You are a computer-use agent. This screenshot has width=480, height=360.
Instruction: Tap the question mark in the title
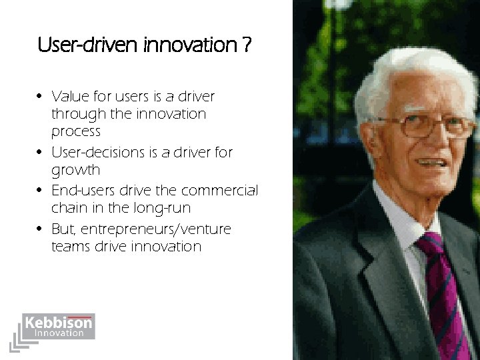click(247, 46)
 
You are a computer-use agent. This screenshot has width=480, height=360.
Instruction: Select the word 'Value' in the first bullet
click(70, 97)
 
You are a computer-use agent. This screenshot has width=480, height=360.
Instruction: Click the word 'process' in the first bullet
click(75, 131)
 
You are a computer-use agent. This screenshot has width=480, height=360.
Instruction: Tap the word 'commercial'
click(221, 191)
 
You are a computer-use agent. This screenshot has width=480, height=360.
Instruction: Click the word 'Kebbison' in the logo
click(58, 323)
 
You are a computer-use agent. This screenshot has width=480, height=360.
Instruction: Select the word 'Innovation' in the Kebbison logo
click(59, 333)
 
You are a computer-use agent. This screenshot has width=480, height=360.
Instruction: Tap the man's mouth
click(432, 161)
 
